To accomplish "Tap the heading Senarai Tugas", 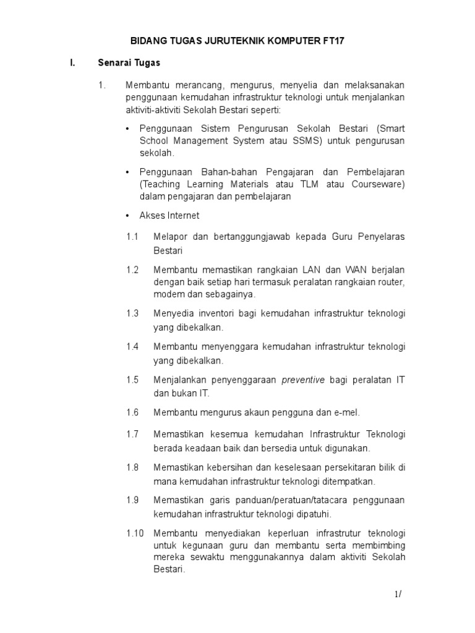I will pos(129,62).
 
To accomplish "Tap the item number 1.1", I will pos(132,237).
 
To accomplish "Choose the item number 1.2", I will pos(132,270).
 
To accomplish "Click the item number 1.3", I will pos(132,313).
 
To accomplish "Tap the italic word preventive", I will pos(303,380).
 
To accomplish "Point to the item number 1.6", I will pos(132,412).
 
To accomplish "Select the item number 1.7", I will pos(132,435).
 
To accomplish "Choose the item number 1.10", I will pos(134,533).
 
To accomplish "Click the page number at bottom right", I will pos(398,594).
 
